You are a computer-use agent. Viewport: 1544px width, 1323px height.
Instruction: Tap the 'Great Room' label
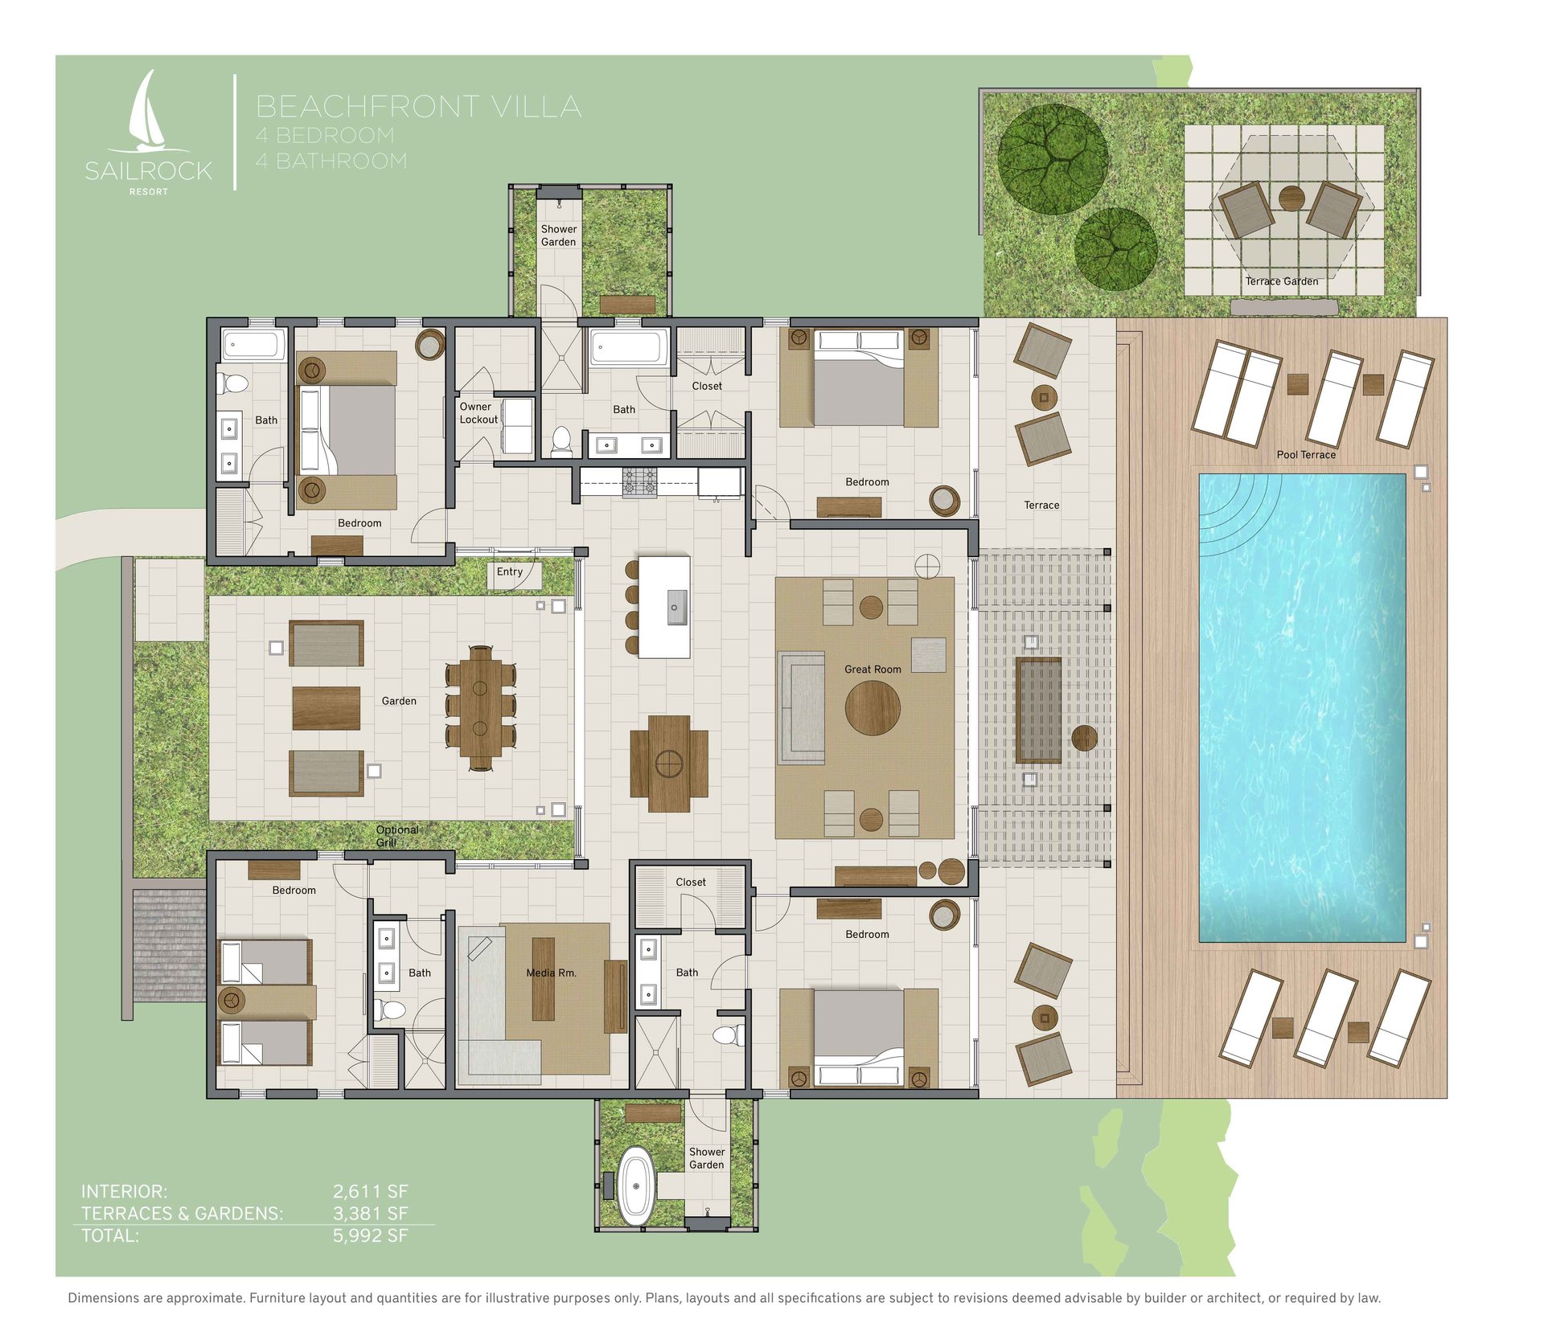click(x=873, y=669)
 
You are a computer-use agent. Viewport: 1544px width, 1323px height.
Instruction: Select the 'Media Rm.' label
click(x=551, y=973)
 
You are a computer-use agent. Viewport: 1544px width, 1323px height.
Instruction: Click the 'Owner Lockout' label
click(x=478, y=413)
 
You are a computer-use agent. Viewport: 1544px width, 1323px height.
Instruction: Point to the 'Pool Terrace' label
click(x=1306, y=455)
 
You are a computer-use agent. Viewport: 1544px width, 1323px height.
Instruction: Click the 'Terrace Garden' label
click(x=1282, y=281)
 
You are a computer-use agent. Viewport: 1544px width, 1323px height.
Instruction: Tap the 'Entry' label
click(x=510, y=571)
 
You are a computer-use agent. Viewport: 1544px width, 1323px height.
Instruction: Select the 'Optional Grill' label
click(x=397, y=836)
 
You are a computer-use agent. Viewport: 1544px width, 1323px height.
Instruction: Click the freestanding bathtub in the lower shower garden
click(x=637, y=1186)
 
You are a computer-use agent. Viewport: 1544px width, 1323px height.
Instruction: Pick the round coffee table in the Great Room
click(x=873, y=707)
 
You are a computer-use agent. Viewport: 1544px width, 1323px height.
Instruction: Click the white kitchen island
click(x=664, y=607)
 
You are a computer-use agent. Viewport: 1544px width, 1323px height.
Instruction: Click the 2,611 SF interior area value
click(x=371, y=1191)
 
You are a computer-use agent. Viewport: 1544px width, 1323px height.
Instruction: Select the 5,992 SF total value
click(x=371, y=1235)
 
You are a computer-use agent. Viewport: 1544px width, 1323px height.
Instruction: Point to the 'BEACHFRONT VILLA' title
click(x=418, y=106)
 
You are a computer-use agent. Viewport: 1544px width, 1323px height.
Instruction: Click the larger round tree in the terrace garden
click(x=1053, y=158)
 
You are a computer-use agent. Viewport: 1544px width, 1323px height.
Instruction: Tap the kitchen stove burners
click(x=639, y=481)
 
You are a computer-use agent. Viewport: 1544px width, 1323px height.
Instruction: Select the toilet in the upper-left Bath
click(x=233, y=383)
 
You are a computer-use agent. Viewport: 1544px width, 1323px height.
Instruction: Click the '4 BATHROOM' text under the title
click(x=331, y=161)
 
